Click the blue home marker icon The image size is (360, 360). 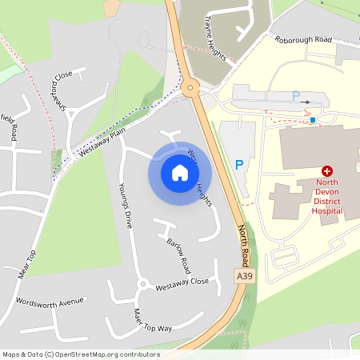pyautogui.click(x=179, y=172)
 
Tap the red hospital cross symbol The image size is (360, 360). pyautogui.click(x=327, y=171)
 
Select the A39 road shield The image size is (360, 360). pyautogui.click(x=245, y=275)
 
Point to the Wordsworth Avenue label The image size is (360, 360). pyautogui.click(x=50, y=302)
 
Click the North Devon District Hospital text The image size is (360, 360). pyautogui.click(x=327, y=201)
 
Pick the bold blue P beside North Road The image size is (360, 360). pyautogui.click(x=238, y=165)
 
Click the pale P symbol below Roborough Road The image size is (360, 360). pyautogui.click(x=296, y=96)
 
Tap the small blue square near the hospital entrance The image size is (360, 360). pyautogui.click(x=313, y=120)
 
